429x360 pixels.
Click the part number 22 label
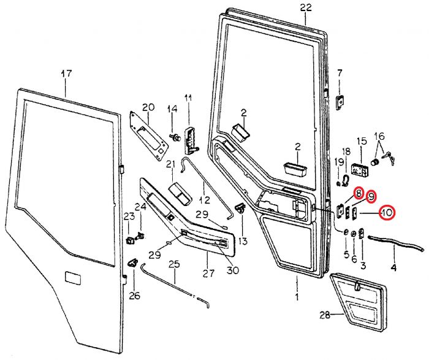pos(306,7)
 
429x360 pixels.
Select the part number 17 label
pos(66,74)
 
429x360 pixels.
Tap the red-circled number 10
pos(386,213)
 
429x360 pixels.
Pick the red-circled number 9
pos(371,197)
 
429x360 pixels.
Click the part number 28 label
pos(325,316)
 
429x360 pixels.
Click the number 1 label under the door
pos(296,297)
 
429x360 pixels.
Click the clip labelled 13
pos(241,210)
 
